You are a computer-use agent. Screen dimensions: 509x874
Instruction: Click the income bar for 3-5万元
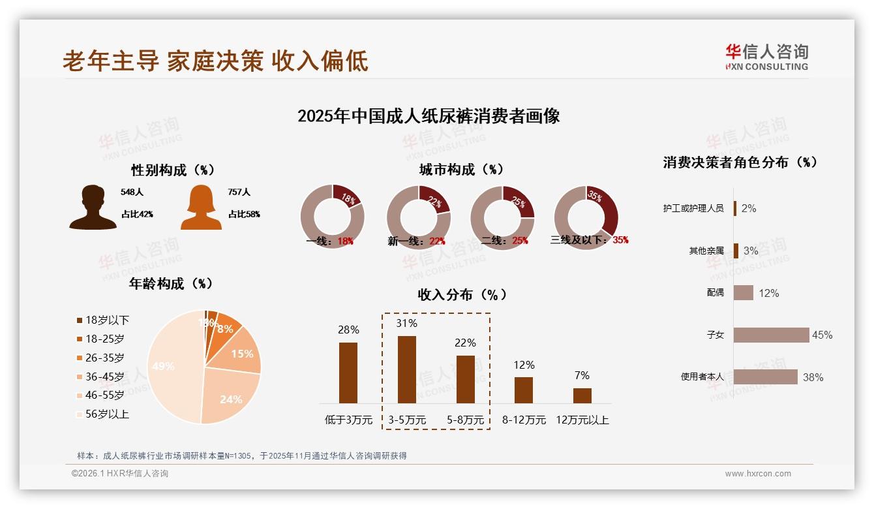pyautogui.click(x=407, y=369)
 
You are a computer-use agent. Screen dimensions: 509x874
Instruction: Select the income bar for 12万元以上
pyautogui.click(x=582, y=395)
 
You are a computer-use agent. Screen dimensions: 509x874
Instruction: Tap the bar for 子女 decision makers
pyautogui.click(x=771, y=335)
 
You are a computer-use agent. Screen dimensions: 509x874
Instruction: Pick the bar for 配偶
pyautogui.click(x=744, y=293)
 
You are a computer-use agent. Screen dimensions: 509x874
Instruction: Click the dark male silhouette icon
pyautogui.click(x=93, y=208)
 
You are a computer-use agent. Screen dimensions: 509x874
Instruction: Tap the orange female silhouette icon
pyautogui.click(x=201, y=208)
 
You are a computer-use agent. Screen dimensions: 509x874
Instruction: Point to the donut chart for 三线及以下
pyautogui.click(x=586, y=217)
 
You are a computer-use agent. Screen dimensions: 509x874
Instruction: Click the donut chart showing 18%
pyautogui.click(x=333, y=217)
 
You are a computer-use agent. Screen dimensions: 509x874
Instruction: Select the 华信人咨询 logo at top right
pyautogui.click(x=766, y=57)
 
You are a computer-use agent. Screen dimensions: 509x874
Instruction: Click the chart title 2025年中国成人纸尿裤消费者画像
pyautogui.click(x=429, y=117)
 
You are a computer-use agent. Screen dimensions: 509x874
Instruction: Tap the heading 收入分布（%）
pyautogui.click(x=462, y=294)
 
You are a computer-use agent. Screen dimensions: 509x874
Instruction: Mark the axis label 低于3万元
pyautogui.click(x=348, y=420)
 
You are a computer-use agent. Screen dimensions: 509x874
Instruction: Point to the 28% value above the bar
pyautogui.click(x=348, y=330)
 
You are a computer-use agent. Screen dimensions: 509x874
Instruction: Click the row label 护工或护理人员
pyautogui.click(x=693, y=208)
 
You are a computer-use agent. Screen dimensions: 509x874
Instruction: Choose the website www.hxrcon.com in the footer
pyautogui.click(x=758, y=474)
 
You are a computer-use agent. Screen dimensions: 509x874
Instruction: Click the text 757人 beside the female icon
pyautogui.click(x=239, y=193)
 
